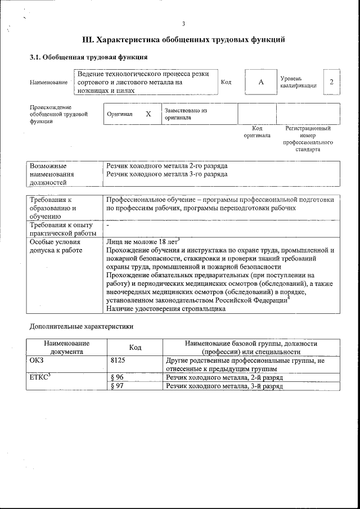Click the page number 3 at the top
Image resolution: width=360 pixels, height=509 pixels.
(183, 23)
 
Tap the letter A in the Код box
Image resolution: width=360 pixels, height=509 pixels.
(261, 82)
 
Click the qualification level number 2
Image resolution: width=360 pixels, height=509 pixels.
(331, 82)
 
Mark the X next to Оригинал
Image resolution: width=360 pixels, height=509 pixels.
(148, 114)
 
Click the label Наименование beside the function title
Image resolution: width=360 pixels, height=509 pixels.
(48, 82)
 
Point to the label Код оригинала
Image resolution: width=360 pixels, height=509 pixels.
(256, 132)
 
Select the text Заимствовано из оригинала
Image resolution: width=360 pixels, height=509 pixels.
(185, 114)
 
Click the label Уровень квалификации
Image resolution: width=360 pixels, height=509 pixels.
(298, 82)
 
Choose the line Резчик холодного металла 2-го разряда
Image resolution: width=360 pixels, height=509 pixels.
(167, 166)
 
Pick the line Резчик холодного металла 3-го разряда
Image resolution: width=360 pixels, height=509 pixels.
(167, 174)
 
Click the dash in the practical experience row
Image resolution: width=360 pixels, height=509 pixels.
(107, 226)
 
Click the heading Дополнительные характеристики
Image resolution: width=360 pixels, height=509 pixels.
(81, 326)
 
